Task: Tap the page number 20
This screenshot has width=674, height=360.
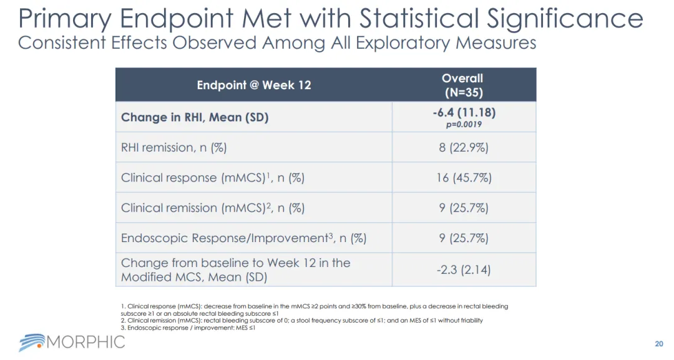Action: pyautogui.click(x=659, y=344)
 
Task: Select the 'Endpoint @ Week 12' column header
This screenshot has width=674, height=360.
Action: pyautogui.click(x=253, y=85)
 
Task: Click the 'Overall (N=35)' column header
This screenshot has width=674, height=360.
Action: pyautogui.click(x=462, y=85)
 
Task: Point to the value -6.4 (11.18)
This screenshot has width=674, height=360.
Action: pyautogui.click(x=463, y=113)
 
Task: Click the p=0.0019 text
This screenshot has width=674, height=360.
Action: pyautogui.click(x=463, y=124)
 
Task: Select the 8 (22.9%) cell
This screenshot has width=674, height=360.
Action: pyautogui.click(x=463, y=147)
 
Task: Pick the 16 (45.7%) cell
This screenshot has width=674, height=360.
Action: pyautogui.click(x=463, y=178)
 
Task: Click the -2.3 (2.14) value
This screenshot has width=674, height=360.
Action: pyautogui.click(x=463, y=270)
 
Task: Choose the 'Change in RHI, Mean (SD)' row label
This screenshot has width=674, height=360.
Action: pyautogui.click(x=195, y=117)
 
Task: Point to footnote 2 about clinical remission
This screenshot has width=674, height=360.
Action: pyautogui.click(x=302, y=321)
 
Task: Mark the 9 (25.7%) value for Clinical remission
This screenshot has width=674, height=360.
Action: pyautogui.click(x=463, y=208)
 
